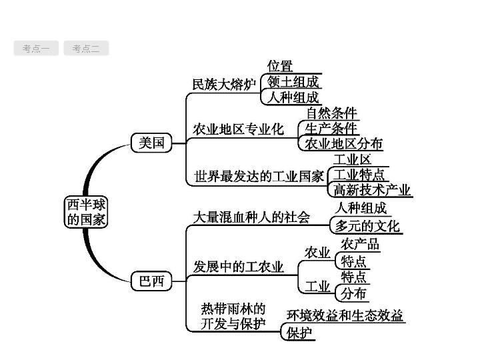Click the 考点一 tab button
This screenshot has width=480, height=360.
pos(36,49)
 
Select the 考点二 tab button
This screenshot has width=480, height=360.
pos(86,49)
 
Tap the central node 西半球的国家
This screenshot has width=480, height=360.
pos(86,212)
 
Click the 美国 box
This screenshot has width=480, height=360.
pos(151,143)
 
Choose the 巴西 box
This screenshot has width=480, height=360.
pos(151,281)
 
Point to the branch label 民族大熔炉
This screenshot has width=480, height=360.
pos(224,85)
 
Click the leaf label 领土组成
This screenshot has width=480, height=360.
pos(293,82)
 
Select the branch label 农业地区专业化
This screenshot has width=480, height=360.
pos(238,129)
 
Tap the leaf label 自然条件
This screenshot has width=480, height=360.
pos(331,113)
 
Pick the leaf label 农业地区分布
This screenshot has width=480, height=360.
pos(344,143)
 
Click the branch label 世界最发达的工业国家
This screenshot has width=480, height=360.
pos(259,176)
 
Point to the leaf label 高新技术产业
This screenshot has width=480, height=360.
pos(371,190)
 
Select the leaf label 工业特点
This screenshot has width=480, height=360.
pos(359,175)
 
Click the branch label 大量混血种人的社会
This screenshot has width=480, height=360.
pos(251,217)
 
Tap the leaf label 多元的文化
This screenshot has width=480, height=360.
pos(367,226)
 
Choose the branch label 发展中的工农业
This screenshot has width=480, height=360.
pos(238,267)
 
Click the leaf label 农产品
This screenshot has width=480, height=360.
pos(360,244)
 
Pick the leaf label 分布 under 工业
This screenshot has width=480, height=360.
pos(353,293)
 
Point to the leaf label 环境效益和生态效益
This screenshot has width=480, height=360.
pos(345,315)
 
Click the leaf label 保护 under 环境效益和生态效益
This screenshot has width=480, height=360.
pos(299,333)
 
